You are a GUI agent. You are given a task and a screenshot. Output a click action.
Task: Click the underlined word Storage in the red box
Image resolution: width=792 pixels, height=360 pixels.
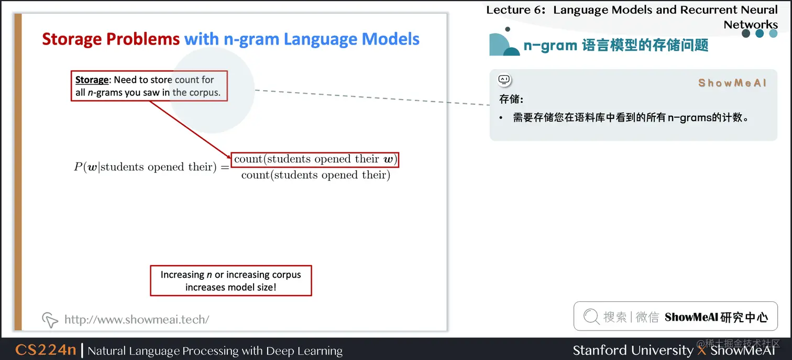pos(92,80)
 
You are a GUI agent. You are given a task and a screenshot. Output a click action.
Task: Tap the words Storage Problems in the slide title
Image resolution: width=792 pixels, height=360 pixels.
pos(111,39)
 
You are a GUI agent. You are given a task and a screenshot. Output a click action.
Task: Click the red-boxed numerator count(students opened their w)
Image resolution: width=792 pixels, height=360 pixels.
pos(315,159)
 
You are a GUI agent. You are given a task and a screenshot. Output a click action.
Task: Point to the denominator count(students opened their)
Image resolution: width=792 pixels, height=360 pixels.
pos(315,175)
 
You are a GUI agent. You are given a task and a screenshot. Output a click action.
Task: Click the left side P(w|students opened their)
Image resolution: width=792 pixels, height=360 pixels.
pos(151,167)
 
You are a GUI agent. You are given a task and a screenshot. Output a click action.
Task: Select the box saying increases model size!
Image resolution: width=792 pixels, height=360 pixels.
pos(230,281)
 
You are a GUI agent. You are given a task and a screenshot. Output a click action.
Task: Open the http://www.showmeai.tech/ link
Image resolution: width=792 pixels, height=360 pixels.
pos(136,319)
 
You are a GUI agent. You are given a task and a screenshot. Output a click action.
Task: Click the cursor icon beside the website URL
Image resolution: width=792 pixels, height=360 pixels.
pos(50,319)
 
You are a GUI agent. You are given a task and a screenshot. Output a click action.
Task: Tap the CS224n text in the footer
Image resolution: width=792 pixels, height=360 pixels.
pos(46,350)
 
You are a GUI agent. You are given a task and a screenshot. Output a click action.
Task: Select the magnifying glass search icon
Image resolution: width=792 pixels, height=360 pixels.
pos(591,317)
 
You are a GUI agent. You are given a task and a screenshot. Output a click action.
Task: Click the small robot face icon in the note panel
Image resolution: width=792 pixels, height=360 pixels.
pos(504,80)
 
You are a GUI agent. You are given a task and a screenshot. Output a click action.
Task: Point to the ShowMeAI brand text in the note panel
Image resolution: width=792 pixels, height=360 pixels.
pos(732,83)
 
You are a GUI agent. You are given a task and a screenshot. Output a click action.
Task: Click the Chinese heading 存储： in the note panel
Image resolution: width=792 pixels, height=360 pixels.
pos(511,99)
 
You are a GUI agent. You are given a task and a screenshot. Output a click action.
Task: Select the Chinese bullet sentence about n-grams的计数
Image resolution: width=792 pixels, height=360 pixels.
pos(631,117)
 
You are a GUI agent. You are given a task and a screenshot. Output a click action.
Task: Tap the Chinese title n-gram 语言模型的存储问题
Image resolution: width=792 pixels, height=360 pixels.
pos(615,46)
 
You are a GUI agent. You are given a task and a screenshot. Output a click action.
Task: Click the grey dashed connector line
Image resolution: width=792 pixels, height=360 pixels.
pos(372,97)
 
